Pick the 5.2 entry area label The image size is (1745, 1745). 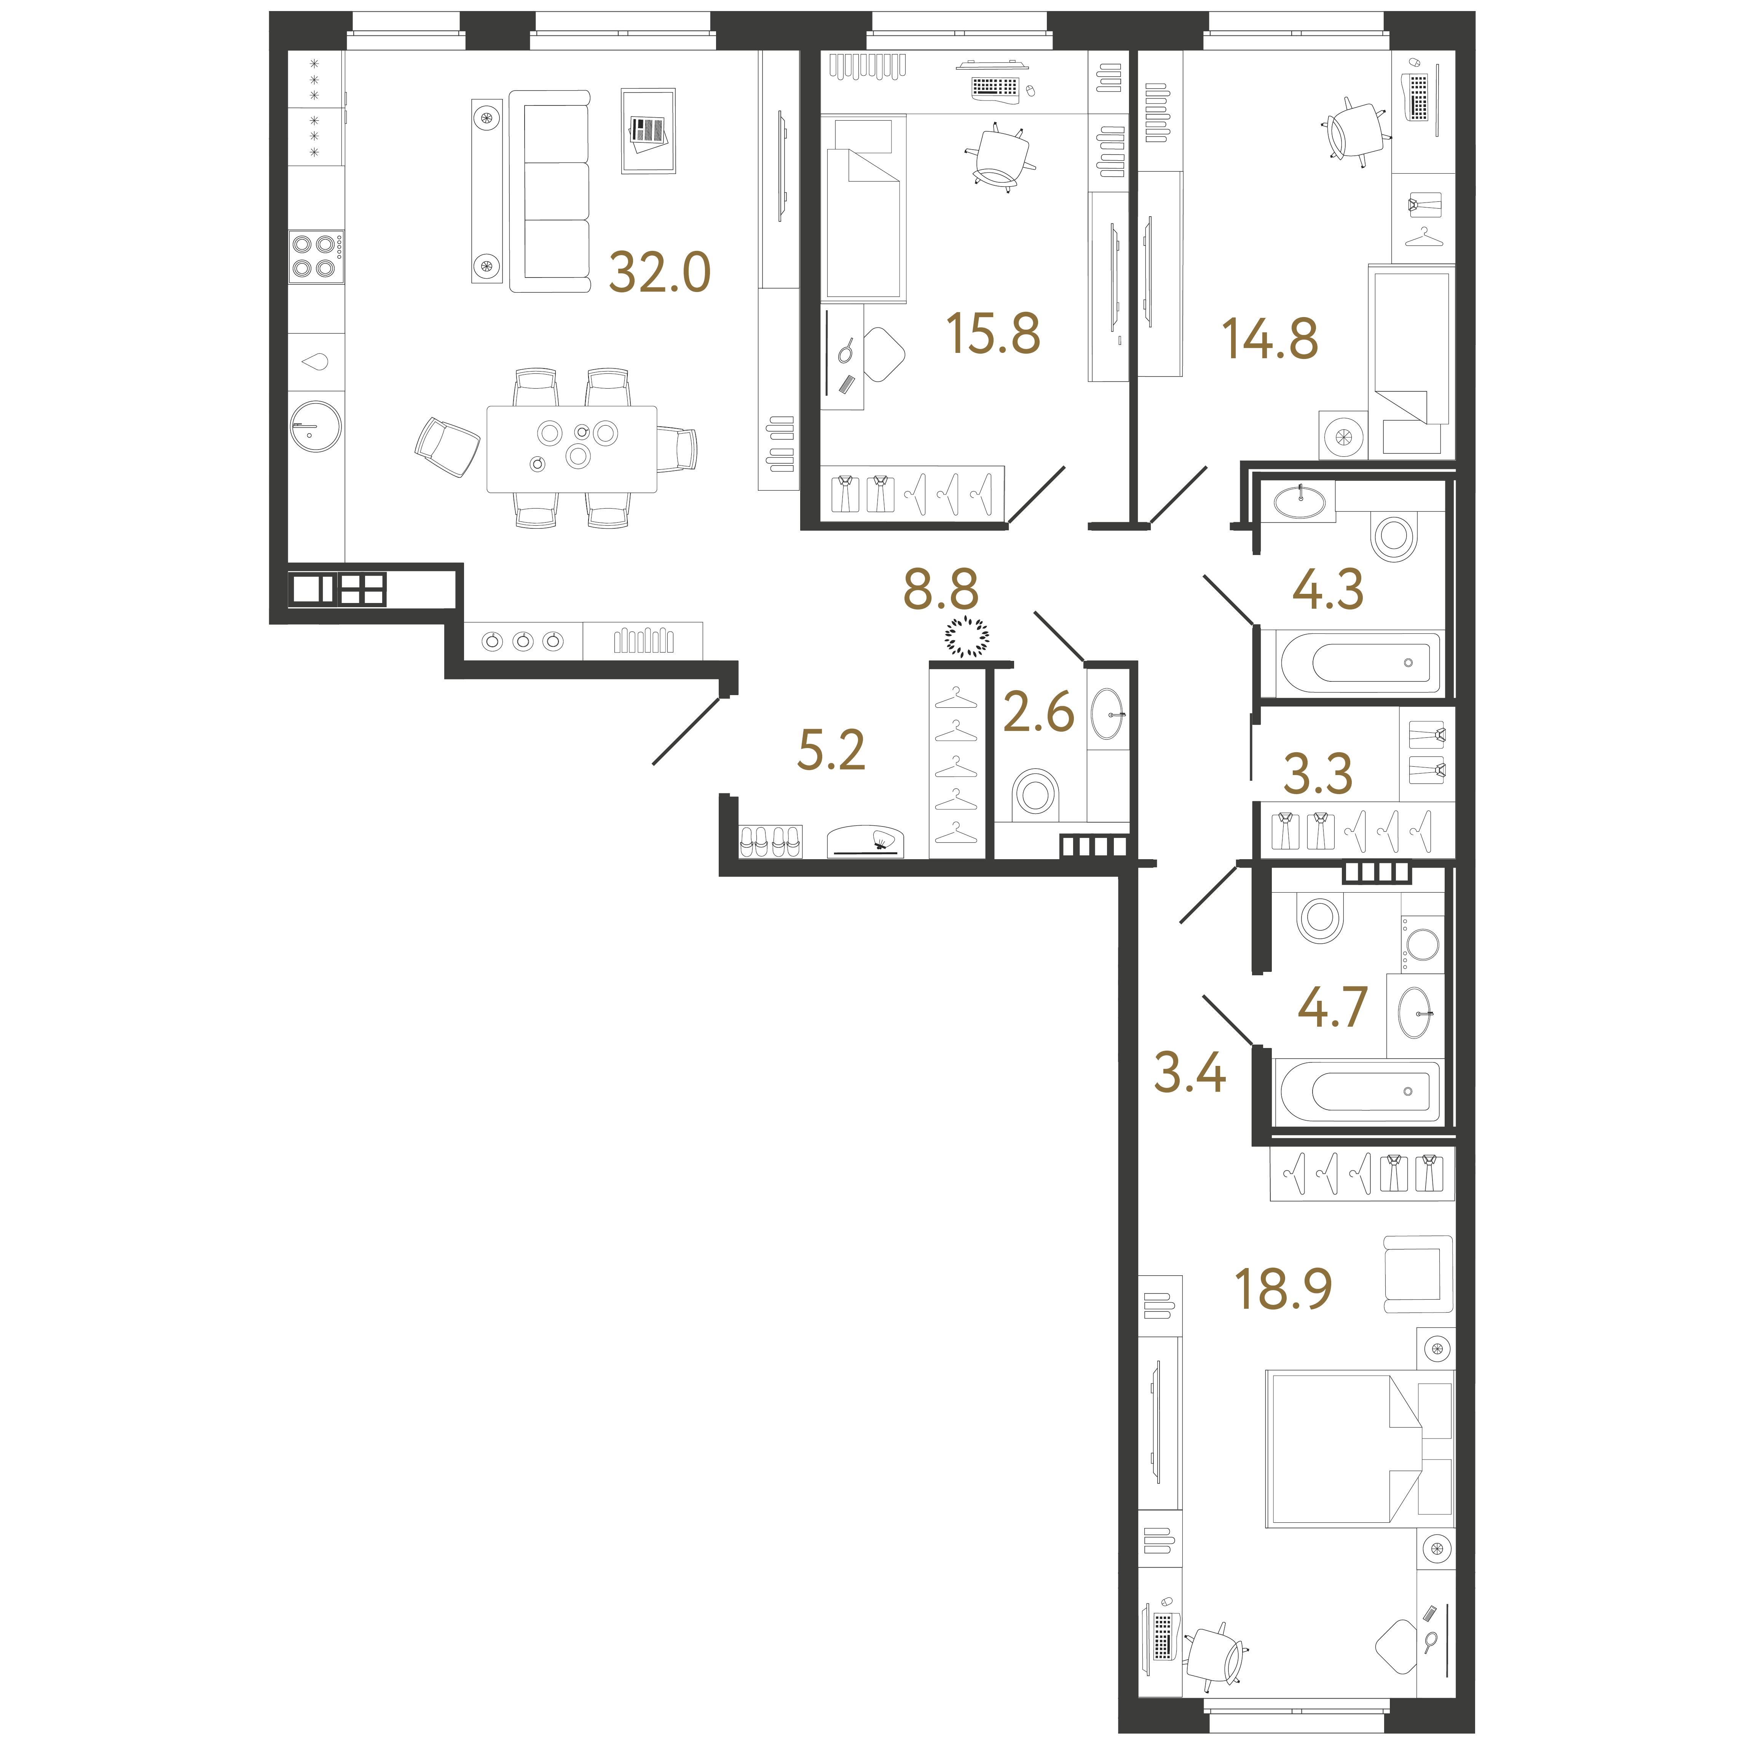coord(831,751)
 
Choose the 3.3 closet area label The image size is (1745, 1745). coord(1318,774)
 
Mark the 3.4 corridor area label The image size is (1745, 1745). coord(1190,1073)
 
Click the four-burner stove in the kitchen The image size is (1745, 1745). coord(315,257)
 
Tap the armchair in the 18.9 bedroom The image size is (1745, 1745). coord(1417,1274)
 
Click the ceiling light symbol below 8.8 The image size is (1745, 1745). coord(967,636)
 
